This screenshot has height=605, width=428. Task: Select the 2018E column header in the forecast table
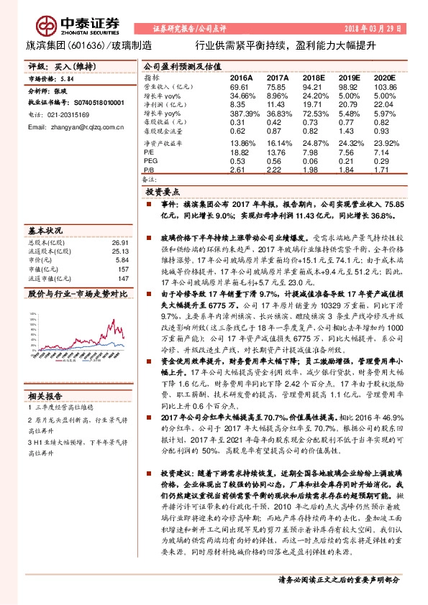tap(314, 76)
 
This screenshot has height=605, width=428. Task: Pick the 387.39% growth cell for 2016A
tap(243, 114)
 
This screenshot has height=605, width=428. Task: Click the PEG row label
tap(150, 162)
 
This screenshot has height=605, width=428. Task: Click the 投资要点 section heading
tap(163, 193)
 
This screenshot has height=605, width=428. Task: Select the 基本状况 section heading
tap(45, 232)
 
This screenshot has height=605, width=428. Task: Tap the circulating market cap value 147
tap(122, 278)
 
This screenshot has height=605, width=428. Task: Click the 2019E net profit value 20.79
tap(349, 104)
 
